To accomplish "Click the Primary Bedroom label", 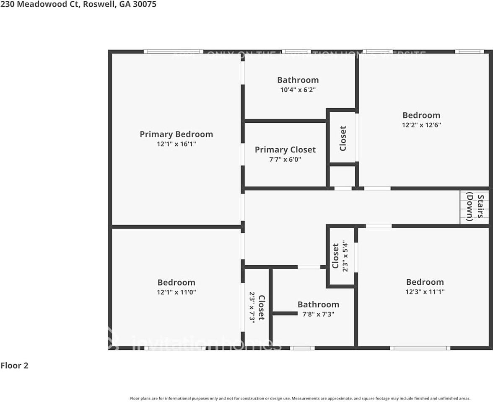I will coord(176,134).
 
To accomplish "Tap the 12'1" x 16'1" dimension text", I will coord(176,144).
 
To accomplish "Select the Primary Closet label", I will coord(285,150).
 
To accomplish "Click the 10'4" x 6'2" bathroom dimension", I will coord(298,90).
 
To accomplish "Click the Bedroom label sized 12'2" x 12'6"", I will coord(421,115).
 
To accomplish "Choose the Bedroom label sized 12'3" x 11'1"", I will coord(425,282).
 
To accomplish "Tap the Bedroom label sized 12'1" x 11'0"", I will coord(176,283).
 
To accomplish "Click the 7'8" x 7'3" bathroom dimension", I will coord(318,314).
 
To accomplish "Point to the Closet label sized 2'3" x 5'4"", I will coord(335,256).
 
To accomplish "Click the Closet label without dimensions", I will coord(343,138).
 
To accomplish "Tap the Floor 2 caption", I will coord(14,366).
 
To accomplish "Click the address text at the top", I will coord(78,5).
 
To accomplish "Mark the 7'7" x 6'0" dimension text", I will coord(285,160).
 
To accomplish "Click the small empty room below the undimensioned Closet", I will coord(343,176).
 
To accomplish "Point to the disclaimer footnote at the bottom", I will coord(300,398).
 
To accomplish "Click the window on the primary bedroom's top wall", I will coord(173,52).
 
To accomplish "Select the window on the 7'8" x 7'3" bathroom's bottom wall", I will coord(302,348).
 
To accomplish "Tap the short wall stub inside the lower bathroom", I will coord(285,313).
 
